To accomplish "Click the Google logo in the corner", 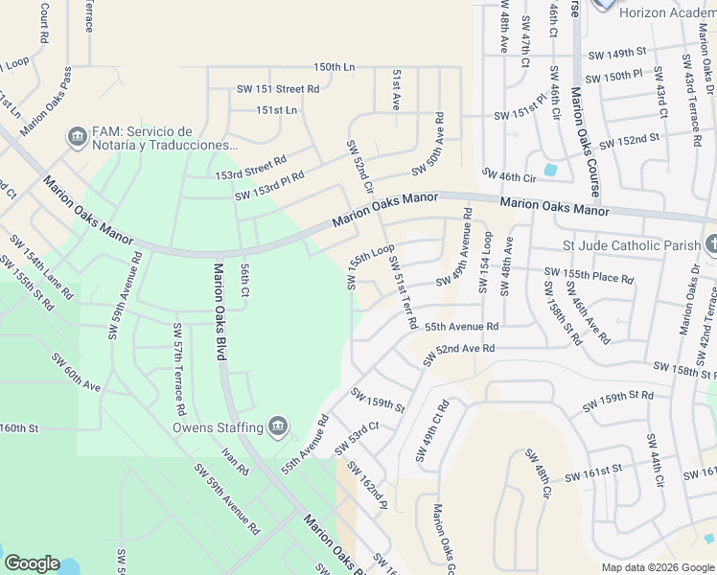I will pos(32,563).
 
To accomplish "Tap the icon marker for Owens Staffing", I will pos(278,426).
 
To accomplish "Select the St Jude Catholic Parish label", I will pos(632,245).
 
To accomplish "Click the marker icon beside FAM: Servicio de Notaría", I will pos(76,138).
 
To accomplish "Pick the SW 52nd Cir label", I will pos(359,168).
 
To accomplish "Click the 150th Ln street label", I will pos(334,68).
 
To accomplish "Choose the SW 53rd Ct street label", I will pos(357,438).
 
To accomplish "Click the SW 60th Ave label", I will pos(77,373).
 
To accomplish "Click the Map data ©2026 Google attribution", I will pos(657,567).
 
